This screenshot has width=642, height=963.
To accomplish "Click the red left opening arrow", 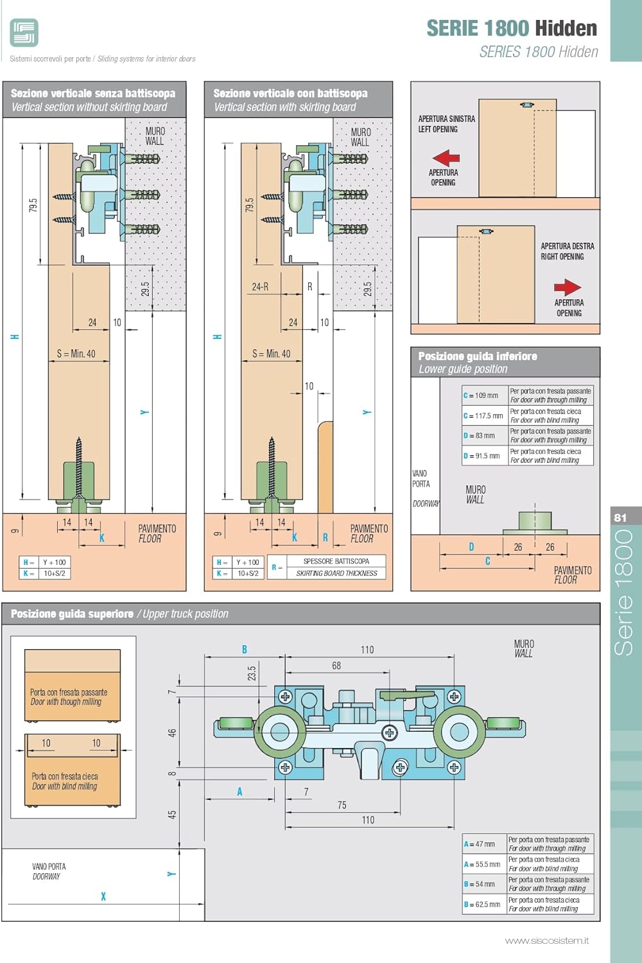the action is (446, 158).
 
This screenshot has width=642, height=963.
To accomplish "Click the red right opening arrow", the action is (568, 287).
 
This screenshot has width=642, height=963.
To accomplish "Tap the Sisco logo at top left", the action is (24, 33).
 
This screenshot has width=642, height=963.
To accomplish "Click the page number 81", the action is (620, 517).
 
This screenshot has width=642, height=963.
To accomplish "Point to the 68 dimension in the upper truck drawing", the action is (336, 666).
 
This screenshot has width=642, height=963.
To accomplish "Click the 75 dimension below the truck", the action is (342, 805).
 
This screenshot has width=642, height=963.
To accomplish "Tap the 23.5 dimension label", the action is (252, 673).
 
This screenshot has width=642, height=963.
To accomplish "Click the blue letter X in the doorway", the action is (103, 896).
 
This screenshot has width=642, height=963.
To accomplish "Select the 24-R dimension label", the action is (260, 287).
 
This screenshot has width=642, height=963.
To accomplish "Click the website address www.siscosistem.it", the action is (547, 941).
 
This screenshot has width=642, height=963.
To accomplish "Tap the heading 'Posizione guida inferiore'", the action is (478, 356).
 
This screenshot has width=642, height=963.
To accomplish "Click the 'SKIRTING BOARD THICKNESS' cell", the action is (336, 573).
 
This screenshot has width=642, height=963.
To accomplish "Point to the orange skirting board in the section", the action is (325, 467).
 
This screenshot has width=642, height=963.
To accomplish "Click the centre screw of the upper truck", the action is (390, 733).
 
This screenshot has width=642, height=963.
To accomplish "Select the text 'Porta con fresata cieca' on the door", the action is (64, 776).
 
